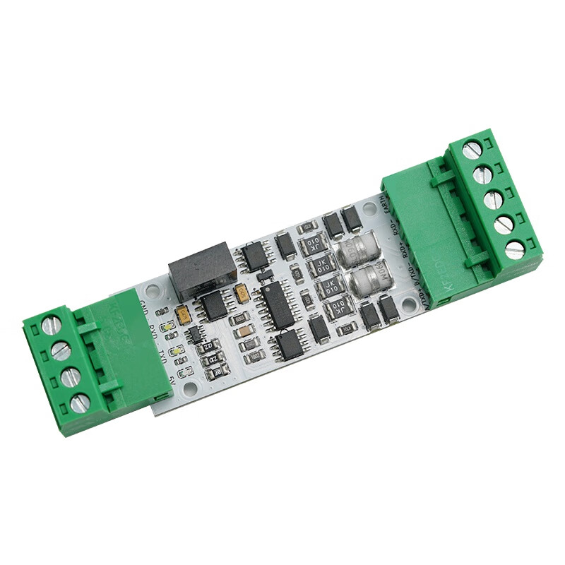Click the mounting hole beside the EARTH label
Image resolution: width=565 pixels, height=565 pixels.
368,209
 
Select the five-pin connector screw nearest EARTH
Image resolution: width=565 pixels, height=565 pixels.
471,149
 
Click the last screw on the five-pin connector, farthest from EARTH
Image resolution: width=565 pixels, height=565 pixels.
515,249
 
